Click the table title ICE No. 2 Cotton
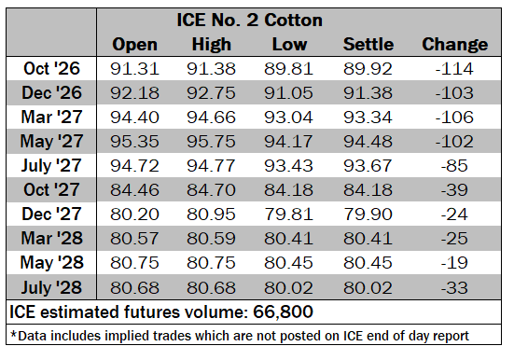point(249,20)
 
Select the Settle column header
point(368,44)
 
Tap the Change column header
point(454,44)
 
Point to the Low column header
point(289,44)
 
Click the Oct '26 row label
point(52,68)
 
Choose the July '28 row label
point(51,288)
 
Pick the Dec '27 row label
point(51,215)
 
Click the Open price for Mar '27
point(134,118)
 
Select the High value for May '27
point(211,142)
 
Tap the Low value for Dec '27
point(288,215)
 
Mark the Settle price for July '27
point(368,166)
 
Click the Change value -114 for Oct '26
point(454,69)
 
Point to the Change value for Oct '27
point(454,190)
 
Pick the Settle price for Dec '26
point(368,93)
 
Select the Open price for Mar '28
point(134,239)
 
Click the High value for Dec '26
point(211,93)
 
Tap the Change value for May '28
point(454,263)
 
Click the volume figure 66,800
point(283,312)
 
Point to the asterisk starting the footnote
point(13,334)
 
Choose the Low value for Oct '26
point(288,69)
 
